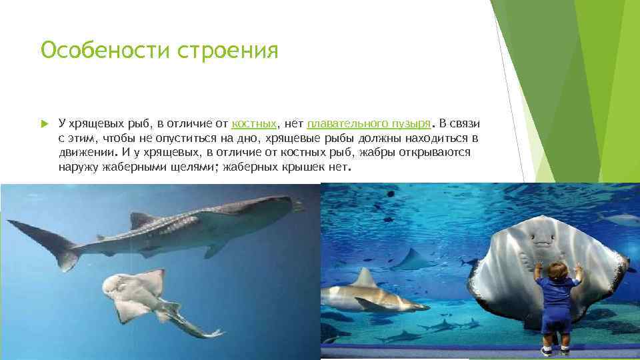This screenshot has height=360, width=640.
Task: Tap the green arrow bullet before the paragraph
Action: coord(44,124)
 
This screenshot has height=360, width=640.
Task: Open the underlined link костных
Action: coord(254,124)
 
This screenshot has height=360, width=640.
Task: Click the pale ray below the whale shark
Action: coord(143,297)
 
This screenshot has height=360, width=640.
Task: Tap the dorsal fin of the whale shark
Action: coord(141,219)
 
